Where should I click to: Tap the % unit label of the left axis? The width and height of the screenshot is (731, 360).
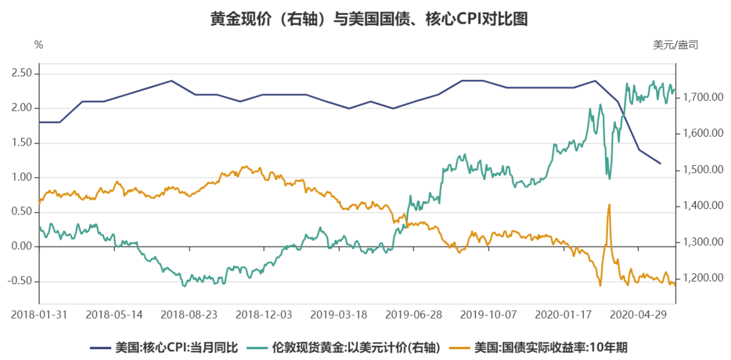point(39,45)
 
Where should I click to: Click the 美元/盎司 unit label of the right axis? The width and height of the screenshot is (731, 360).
point(675,45)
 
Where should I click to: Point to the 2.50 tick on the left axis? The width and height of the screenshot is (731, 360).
point(22,73)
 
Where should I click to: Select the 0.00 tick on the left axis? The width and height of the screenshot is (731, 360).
point(22,246)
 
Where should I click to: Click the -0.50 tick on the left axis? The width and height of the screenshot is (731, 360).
point(20,281)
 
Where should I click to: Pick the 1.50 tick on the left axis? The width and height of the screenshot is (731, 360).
point(22,143)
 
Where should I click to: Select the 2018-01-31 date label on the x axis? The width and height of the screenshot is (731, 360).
point(39,315)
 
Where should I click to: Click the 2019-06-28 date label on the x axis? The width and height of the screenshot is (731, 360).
point(414,315)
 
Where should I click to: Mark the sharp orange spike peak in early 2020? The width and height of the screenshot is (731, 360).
point(610,204)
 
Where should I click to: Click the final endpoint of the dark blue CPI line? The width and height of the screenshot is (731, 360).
point(660,163)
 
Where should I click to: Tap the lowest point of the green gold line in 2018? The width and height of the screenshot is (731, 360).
point(184,286)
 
